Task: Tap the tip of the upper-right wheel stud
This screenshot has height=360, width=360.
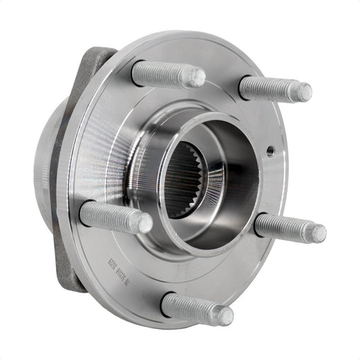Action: pyautogui.click(x=305, y=92)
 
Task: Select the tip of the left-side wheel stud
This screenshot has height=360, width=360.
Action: pyautogui.click(x=145, y=224)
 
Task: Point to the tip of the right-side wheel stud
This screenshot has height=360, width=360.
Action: pyautogui.click(x=318, y=234)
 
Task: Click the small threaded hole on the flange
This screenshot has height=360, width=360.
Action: pyautogui.click(x=270, y=149)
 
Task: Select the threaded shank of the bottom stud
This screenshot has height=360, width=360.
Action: pyautogui.click(x=192, y=307)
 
